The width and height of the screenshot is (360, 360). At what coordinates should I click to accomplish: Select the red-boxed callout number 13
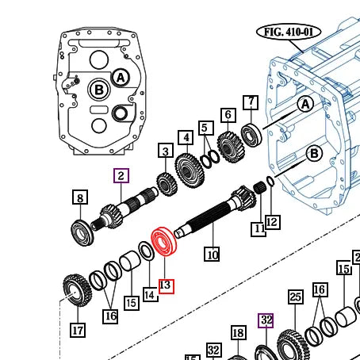[x=166, y=285]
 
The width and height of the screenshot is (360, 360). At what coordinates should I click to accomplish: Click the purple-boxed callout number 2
[x=121, y=176]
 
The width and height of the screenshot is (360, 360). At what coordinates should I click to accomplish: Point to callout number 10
[x=212, y=255]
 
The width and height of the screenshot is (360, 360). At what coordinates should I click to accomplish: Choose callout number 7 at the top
[x=251, y=102]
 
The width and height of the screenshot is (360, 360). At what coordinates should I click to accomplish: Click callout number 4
[x=186, y=137]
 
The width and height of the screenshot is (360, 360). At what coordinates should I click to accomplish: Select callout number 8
[x=79, y=197]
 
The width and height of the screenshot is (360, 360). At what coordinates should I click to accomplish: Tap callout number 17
[x=77, y=330]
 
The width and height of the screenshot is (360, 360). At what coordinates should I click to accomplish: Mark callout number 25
[x=296, y=297]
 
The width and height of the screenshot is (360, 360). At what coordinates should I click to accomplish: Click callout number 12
[x=272, y=221]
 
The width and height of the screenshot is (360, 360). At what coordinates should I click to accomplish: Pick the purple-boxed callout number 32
[x=266, y=320]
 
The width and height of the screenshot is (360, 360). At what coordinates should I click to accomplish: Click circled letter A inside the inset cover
[x=120, y=77]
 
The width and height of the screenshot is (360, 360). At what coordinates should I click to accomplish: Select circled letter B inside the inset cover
[x=99, y=90]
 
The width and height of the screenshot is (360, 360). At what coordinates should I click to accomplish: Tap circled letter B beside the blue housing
[x=313, y=153]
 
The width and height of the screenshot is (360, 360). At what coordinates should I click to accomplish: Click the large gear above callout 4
[x=190, y=169]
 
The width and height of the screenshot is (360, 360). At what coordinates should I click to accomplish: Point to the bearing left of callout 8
[x=82, y=231]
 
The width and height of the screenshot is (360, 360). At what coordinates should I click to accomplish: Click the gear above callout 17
[x=75, y=288]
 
